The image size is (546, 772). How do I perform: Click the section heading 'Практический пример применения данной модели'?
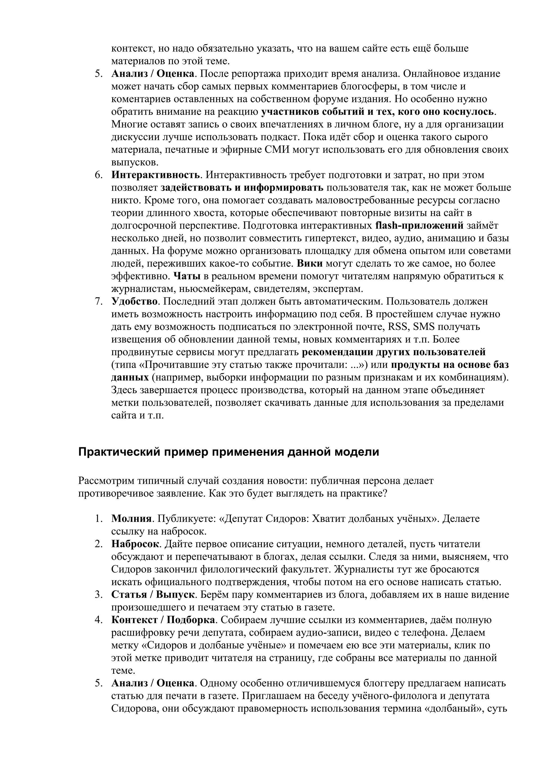(x=228, y=452)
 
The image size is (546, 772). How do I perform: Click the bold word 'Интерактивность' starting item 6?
(x=156, y=175)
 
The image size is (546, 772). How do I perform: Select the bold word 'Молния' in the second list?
(x=131, y=518)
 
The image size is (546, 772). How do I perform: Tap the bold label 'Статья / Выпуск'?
(x=153, y=595)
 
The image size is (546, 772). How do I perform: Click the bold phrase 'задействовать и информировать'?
(x=242, y=188)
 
